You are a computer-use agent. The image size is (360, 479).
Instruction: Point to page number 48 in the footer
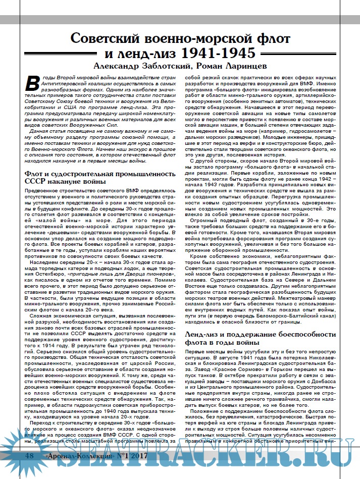tap(30, 470)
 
